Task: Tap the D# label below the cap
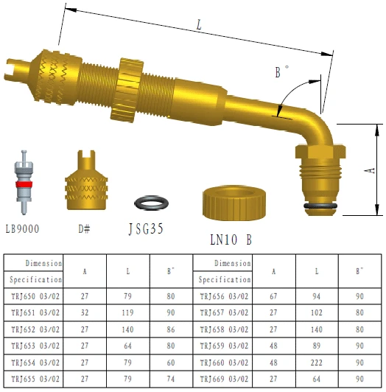84,229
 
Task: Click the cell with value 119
128,312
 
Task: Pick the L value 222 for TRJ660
317,362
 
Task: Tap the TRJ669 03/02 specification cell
225,379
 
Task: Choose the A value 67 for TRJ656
274,296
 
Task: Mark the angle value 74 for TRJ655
171,379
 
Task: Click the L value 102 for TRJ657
317,312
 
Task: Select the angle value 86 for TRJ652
171,329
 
